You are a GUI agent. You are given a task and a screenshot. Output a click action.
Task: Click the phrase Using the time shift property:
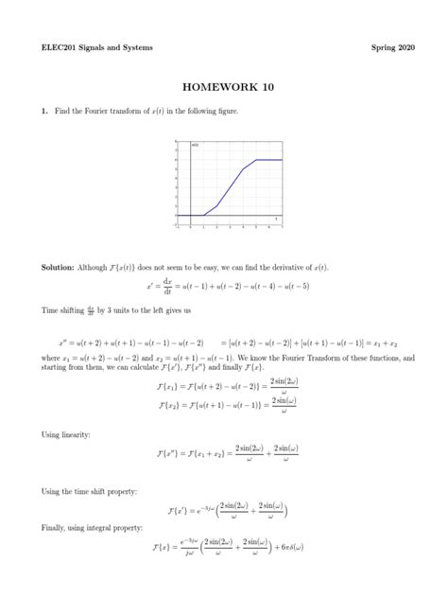tap(84, 492)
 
